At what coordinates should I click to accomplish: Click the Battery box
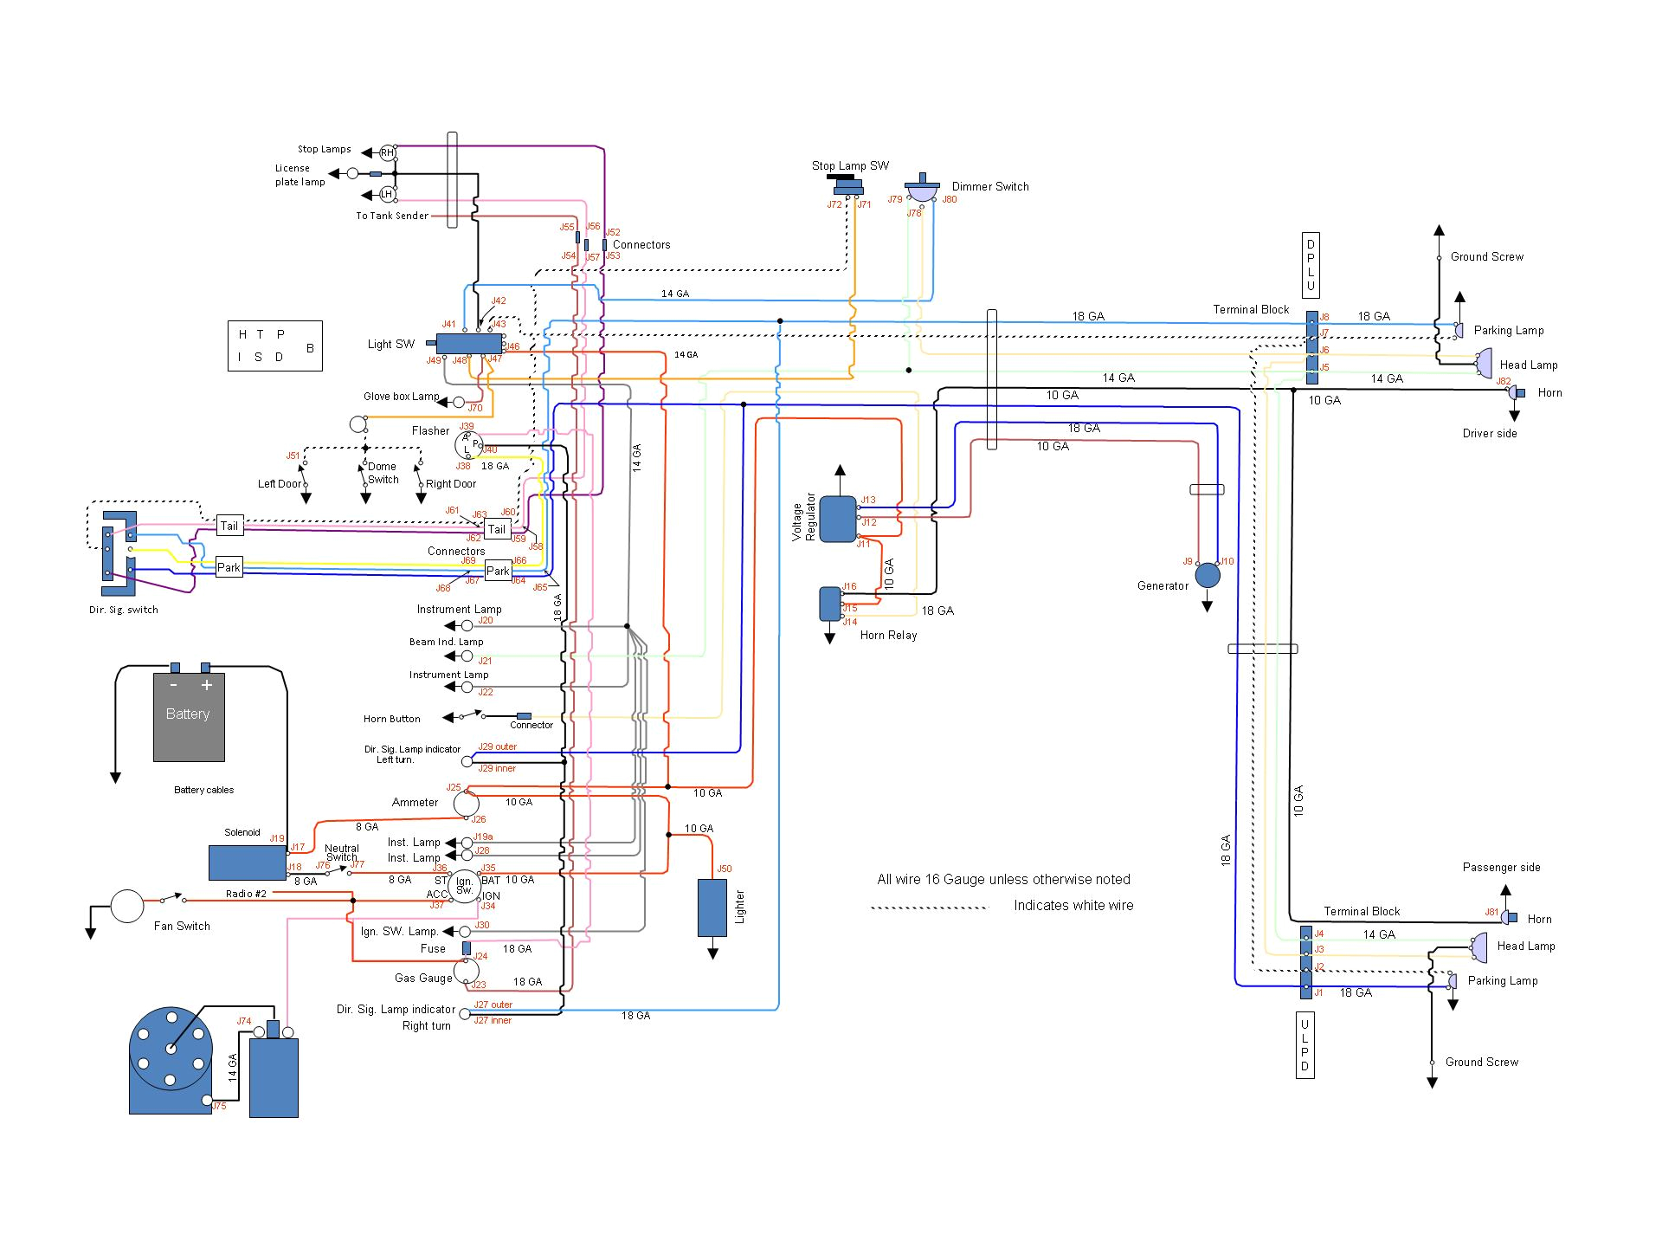coord(189,716)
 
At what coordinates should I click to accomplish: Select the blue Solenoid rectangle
coord(247,863)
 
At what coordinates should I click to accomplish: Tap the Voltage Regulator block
coord(837,519)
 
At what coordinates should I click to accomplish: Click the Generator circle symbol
coord(1207,575)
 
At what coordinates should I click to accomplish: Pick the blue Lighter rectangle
coord(712,908)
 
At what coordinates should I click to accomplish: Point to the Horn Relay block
coord(829,604)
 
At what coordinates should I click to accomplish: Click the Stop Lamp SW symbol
coord(847,186)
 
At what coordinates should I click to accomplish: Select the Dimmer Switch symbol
coord(923,191)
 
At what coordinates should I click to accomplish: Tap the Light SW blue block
coord(468,344)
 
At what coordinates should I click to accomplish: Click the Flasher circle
coord(468,444)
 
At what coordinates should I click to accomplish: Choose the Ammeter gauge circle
coord(466,804)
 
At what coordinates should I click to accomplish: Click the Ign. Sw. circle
coord(465,886)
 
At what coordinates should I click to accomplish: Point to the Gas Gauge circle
coord(466,971)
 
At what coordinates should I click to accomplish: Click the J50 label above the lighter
coord(725,869)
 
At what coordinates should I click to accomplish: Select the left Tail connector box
coord(229,526)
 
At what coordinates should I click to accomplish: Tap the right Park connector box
coord(498,571)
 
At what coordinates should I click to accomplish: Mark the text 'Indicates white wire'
coord(1073,906)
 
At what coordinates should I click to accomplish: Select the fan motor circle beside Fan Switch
coord(126,907)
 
